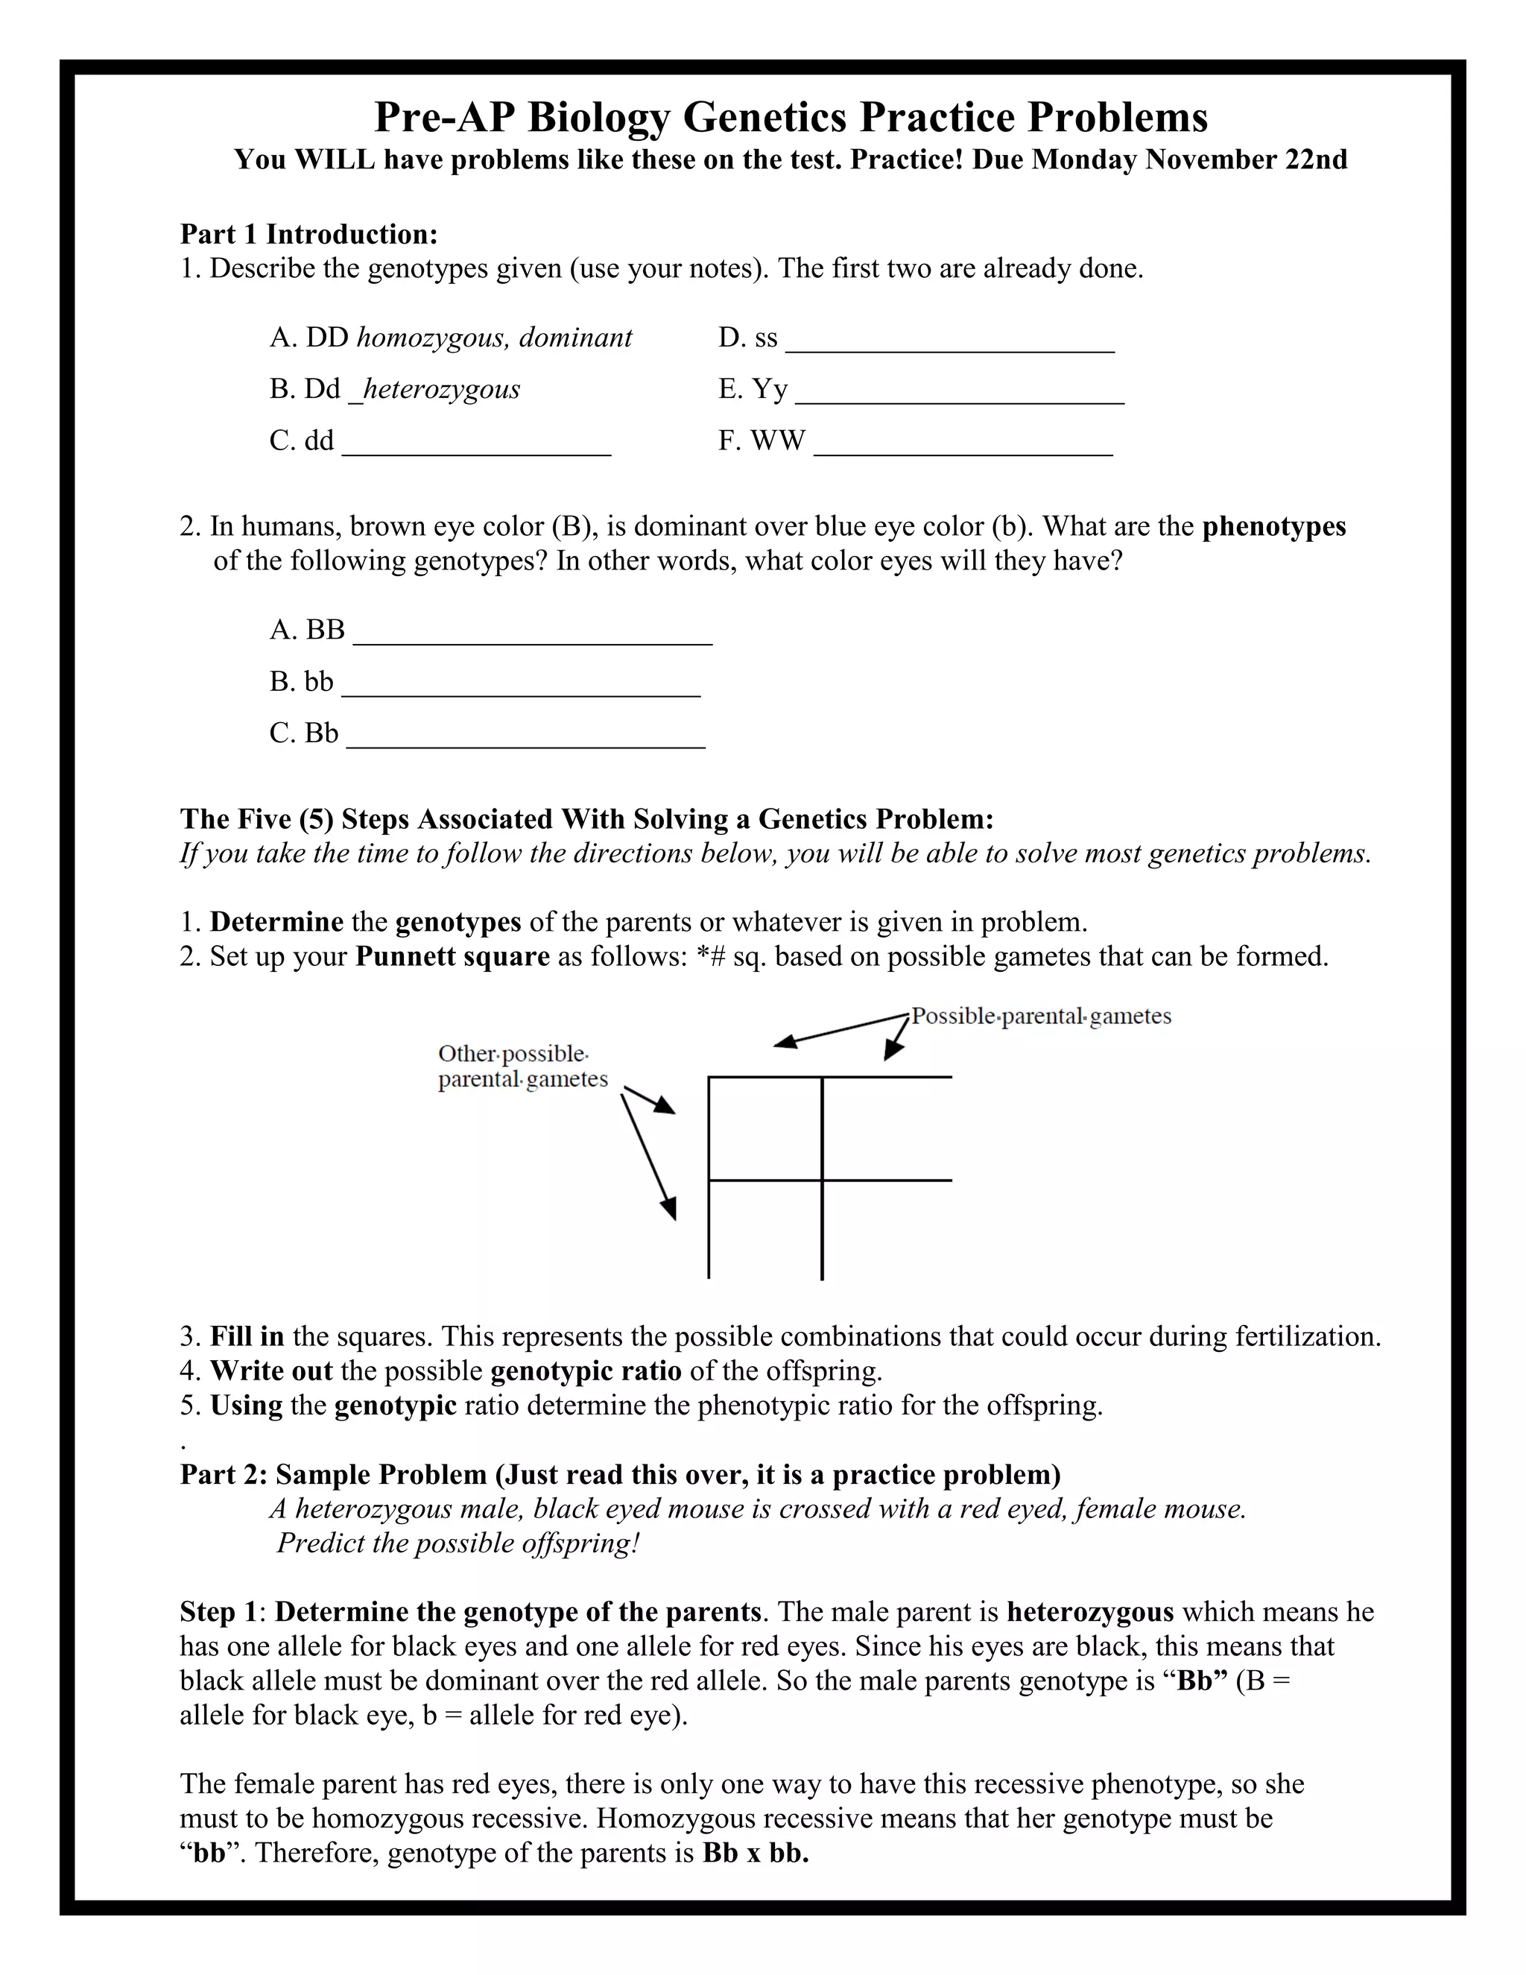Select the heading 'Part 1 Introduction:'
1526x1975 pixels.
click(308, 234)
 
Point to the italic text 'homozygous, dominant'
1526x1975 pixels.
click(495, 338)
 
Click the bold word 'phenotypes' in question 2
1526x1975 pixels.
click(1273, 527)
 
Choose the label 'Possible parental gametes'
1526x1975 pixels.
click(1040, 1017)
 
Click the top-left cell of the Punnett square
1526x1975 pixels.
click(764, 1128)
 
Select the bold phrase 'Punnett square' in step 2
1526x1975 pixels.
click(452, 957)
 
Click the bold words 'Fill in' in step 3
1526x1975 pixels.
click(247, 1336)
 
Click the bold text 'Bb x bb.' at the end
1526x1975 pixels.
click(756, 1853)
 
